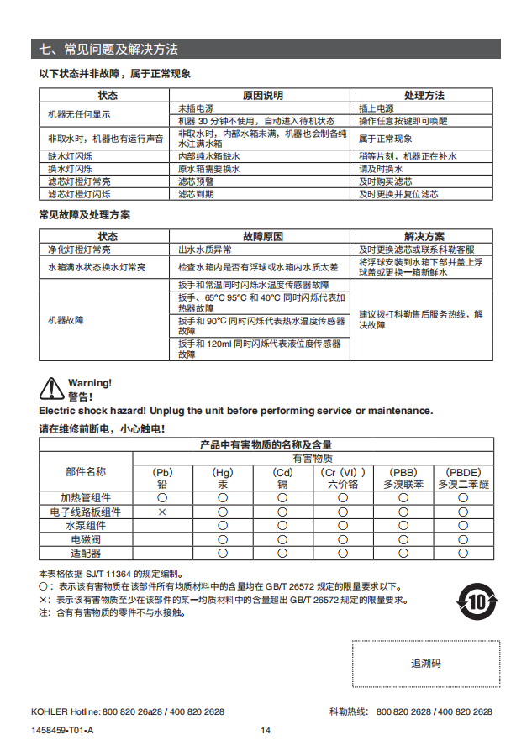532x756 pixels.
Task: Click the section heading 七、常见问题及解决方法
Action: pos(109,50)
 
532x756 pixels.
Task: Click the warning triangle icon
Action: pos(52,389)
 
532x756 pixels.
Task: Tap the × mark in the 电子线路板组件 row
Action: pos(162,512)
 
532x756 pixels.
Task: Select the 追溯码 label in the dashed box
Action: pos(426,663)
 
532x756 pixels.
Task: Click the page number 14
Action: pos(266,730)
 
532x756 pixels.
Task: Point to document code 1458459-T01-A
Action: pos(62,730)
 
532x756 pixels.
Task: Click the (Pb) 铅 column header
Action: pos(162,478)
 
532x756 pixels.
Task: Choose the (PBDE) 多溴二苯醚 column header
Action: pos(463,478)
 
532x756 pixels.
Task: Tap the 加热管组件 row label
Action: pos(86,498)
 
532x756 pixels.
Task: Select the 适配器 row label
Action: pos(86,553)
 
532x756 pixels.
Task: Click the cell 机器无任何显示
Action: pos(79,114)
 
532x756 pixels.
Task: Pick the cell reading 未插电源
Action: pos(196,108)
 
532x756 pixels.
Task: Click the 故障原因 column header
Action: pos(263,237)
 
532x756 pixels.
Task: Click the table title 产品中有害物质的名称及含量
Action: pos(266,444)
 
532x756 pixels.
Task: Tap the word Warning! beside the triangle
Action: pos(90,383)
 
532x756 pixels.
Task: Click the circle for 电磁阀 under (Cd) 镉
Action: pos(282,539)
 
